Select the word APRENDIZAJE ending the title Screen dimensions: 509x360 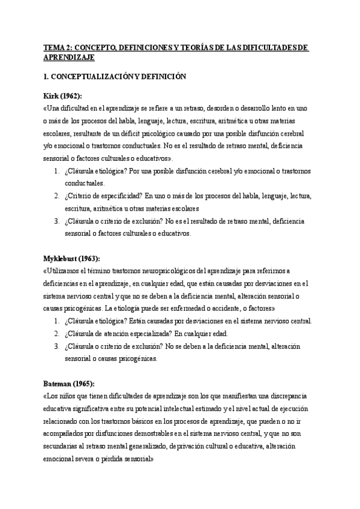click(70, 58)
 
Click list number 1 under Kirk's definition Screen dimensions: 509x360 click(56, 171)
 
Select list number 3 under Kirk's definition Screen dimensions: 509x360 click(56, 221)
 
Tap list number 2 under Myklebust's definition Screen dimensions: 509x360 click(56, 334)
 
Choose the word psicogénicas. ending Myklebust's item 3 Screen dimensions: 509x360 click(139, 359)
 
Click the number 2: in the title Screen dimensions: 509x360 click(70, 48)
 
